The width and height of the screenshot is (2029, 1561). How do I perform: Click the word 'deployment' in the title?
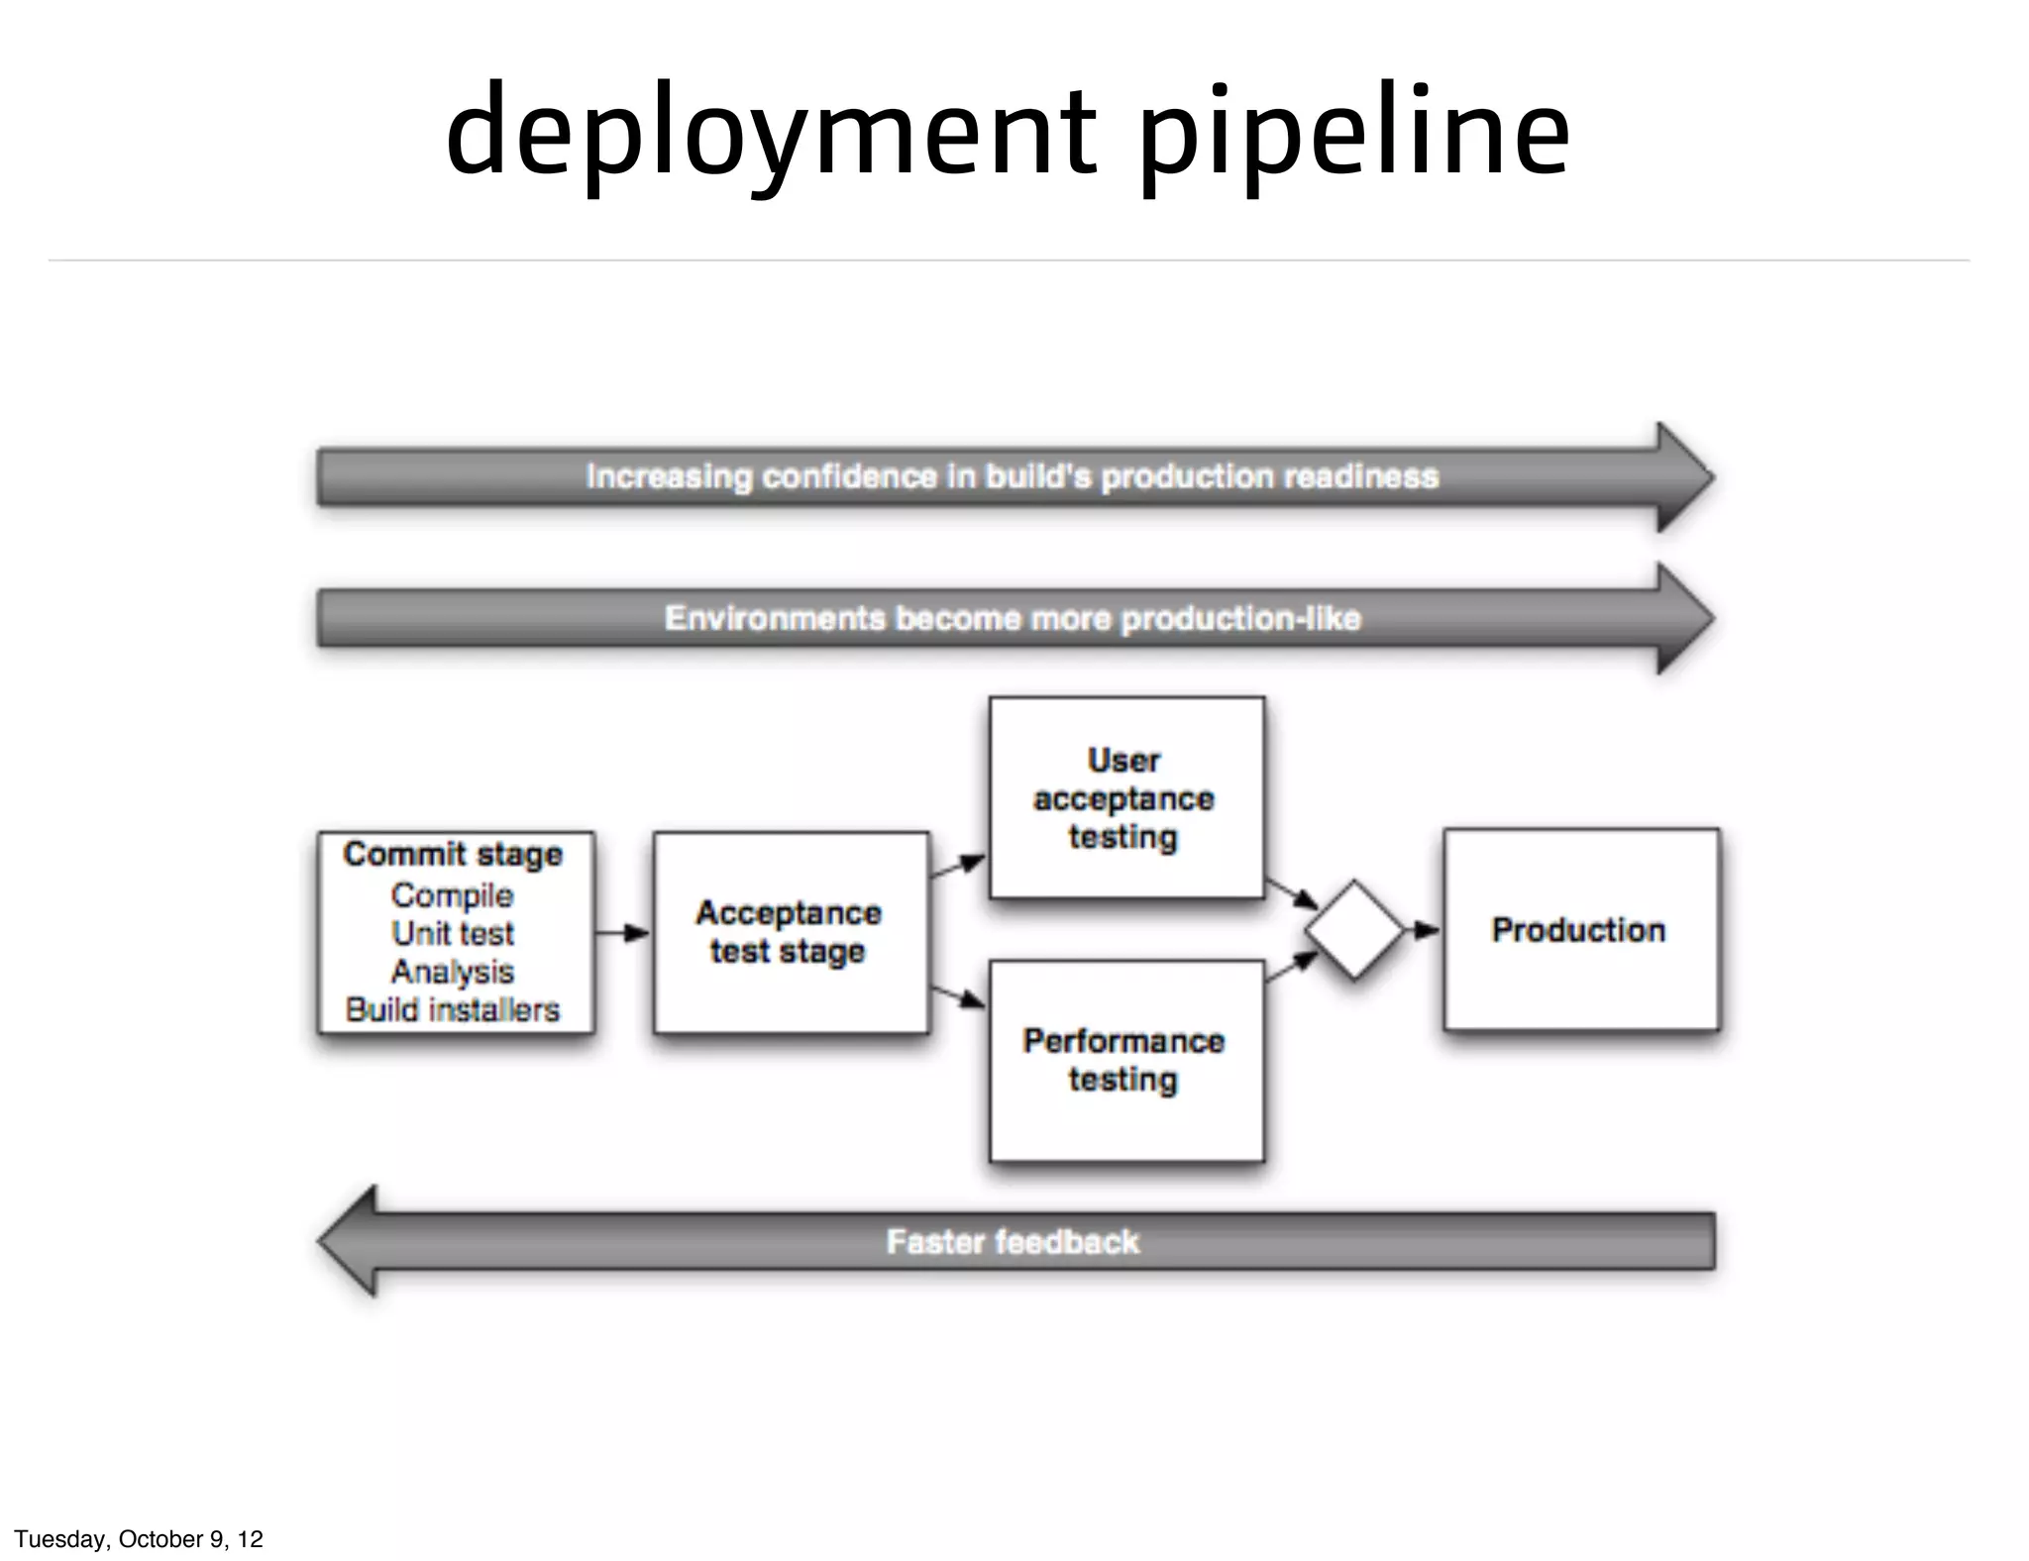point(771,134)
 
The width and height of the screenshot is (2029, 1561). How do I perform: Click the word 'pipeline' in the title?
point(1353,134)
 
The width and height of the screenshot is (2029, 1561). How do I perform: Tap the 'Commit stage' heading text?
point(453,854)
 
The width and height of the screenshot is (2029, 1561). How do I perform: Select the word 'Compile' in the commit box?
point(452,895)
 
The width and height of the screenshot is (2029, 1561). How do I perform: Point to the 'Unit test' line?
point(453,933)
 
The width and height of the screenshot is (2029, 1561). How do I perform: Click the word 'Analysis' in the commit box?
point(452,972)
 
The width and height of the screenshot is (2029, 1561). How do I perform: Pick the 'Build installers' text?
point(453,1009)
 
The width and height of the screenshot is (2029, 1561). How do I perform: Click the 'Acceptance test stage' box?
point(790,932)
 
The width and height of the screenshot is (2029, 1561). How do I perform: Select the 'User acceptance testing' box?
point(1125,798)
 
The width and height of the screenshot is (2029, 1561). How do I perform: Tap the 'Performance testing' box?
point(1125,1061)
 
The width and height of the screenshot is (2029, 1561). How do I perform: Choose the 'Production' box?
point(1580,930)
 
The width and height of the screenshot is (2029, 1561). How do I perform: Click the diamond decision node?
point(1354,930)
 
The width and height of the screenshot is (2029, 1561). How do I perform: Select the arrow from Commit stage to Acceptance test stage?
point(623,932)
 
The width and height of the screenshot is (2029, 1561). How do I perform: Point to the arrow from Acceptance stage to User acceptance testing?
point(957,867)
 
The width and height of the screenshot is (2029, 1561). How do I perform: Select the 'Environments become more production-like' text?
point(1013,618)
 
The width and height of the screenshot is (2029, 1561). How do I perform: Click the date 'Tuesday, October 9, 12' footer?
point(139,1538)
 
